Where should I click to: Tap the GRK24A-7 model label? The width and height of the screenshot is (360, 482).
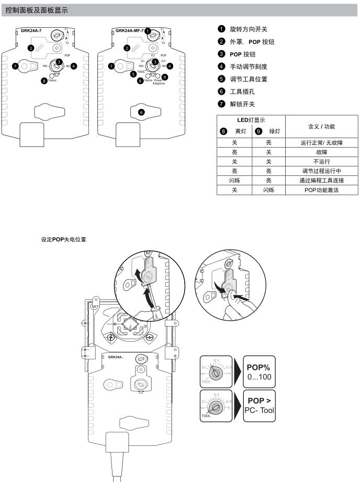point(32,31)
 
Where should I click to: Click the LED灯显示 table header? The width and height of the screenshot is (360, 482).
point(251,121)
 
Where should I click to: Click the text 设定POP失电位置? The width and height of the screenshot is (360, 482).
point(64,239)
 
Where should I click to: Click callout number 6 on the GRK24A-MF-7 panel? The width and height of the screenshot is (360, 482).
point(141,111)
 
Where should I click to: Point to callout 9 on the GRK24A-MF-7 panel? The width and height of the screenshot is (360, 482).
point(165,77)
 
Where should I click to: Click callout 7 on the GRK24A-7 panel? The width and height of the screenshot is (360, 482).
point(15,66)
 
